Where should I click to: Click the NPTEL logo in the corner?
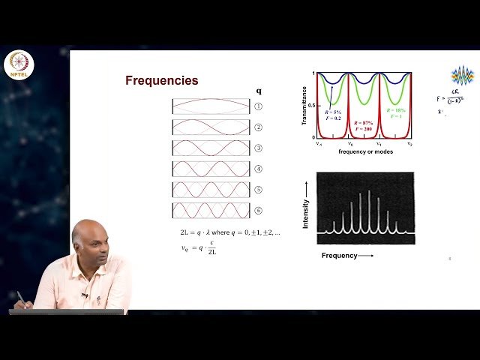pyautogui.click(x=19, y=66)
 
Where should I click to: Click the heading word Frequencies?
pyautogui.click(x=161, y=81)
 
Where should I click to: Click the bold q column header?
pyautogui.click(x=259, y=91)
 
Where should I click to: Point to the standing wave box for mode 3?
pyautogui.click(x=211, y=148)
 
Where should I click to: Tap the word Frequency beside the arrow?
pyautogui.click(x=339, y=256)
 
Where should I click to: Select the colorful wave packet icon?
pyautogui.click(x=462, y=76)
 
